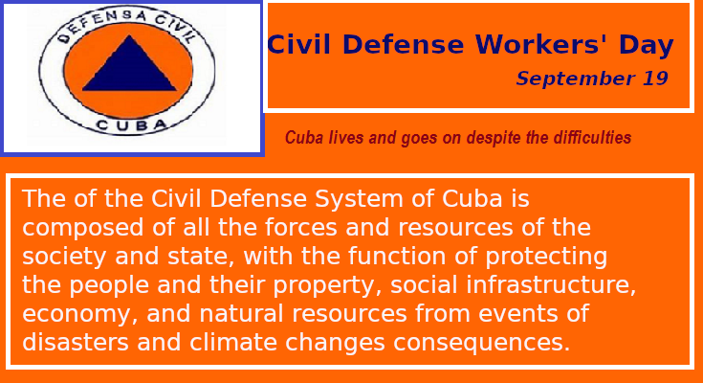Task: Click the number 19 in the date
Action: click(x=655, y=79)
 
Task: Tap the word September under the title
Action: click(x=576, y=79)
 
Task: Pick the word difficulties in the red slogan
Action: click(x=592, y=137)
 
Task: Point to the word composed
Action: click(x=83, y=228)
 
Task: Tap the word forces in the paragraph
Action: click(x=301, y=227)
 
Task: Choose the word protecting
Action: click(x=546, y=257)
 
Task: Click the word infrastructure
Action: click(x=551, y=285)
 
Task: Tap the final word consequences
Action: click(x=482, y=343)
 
